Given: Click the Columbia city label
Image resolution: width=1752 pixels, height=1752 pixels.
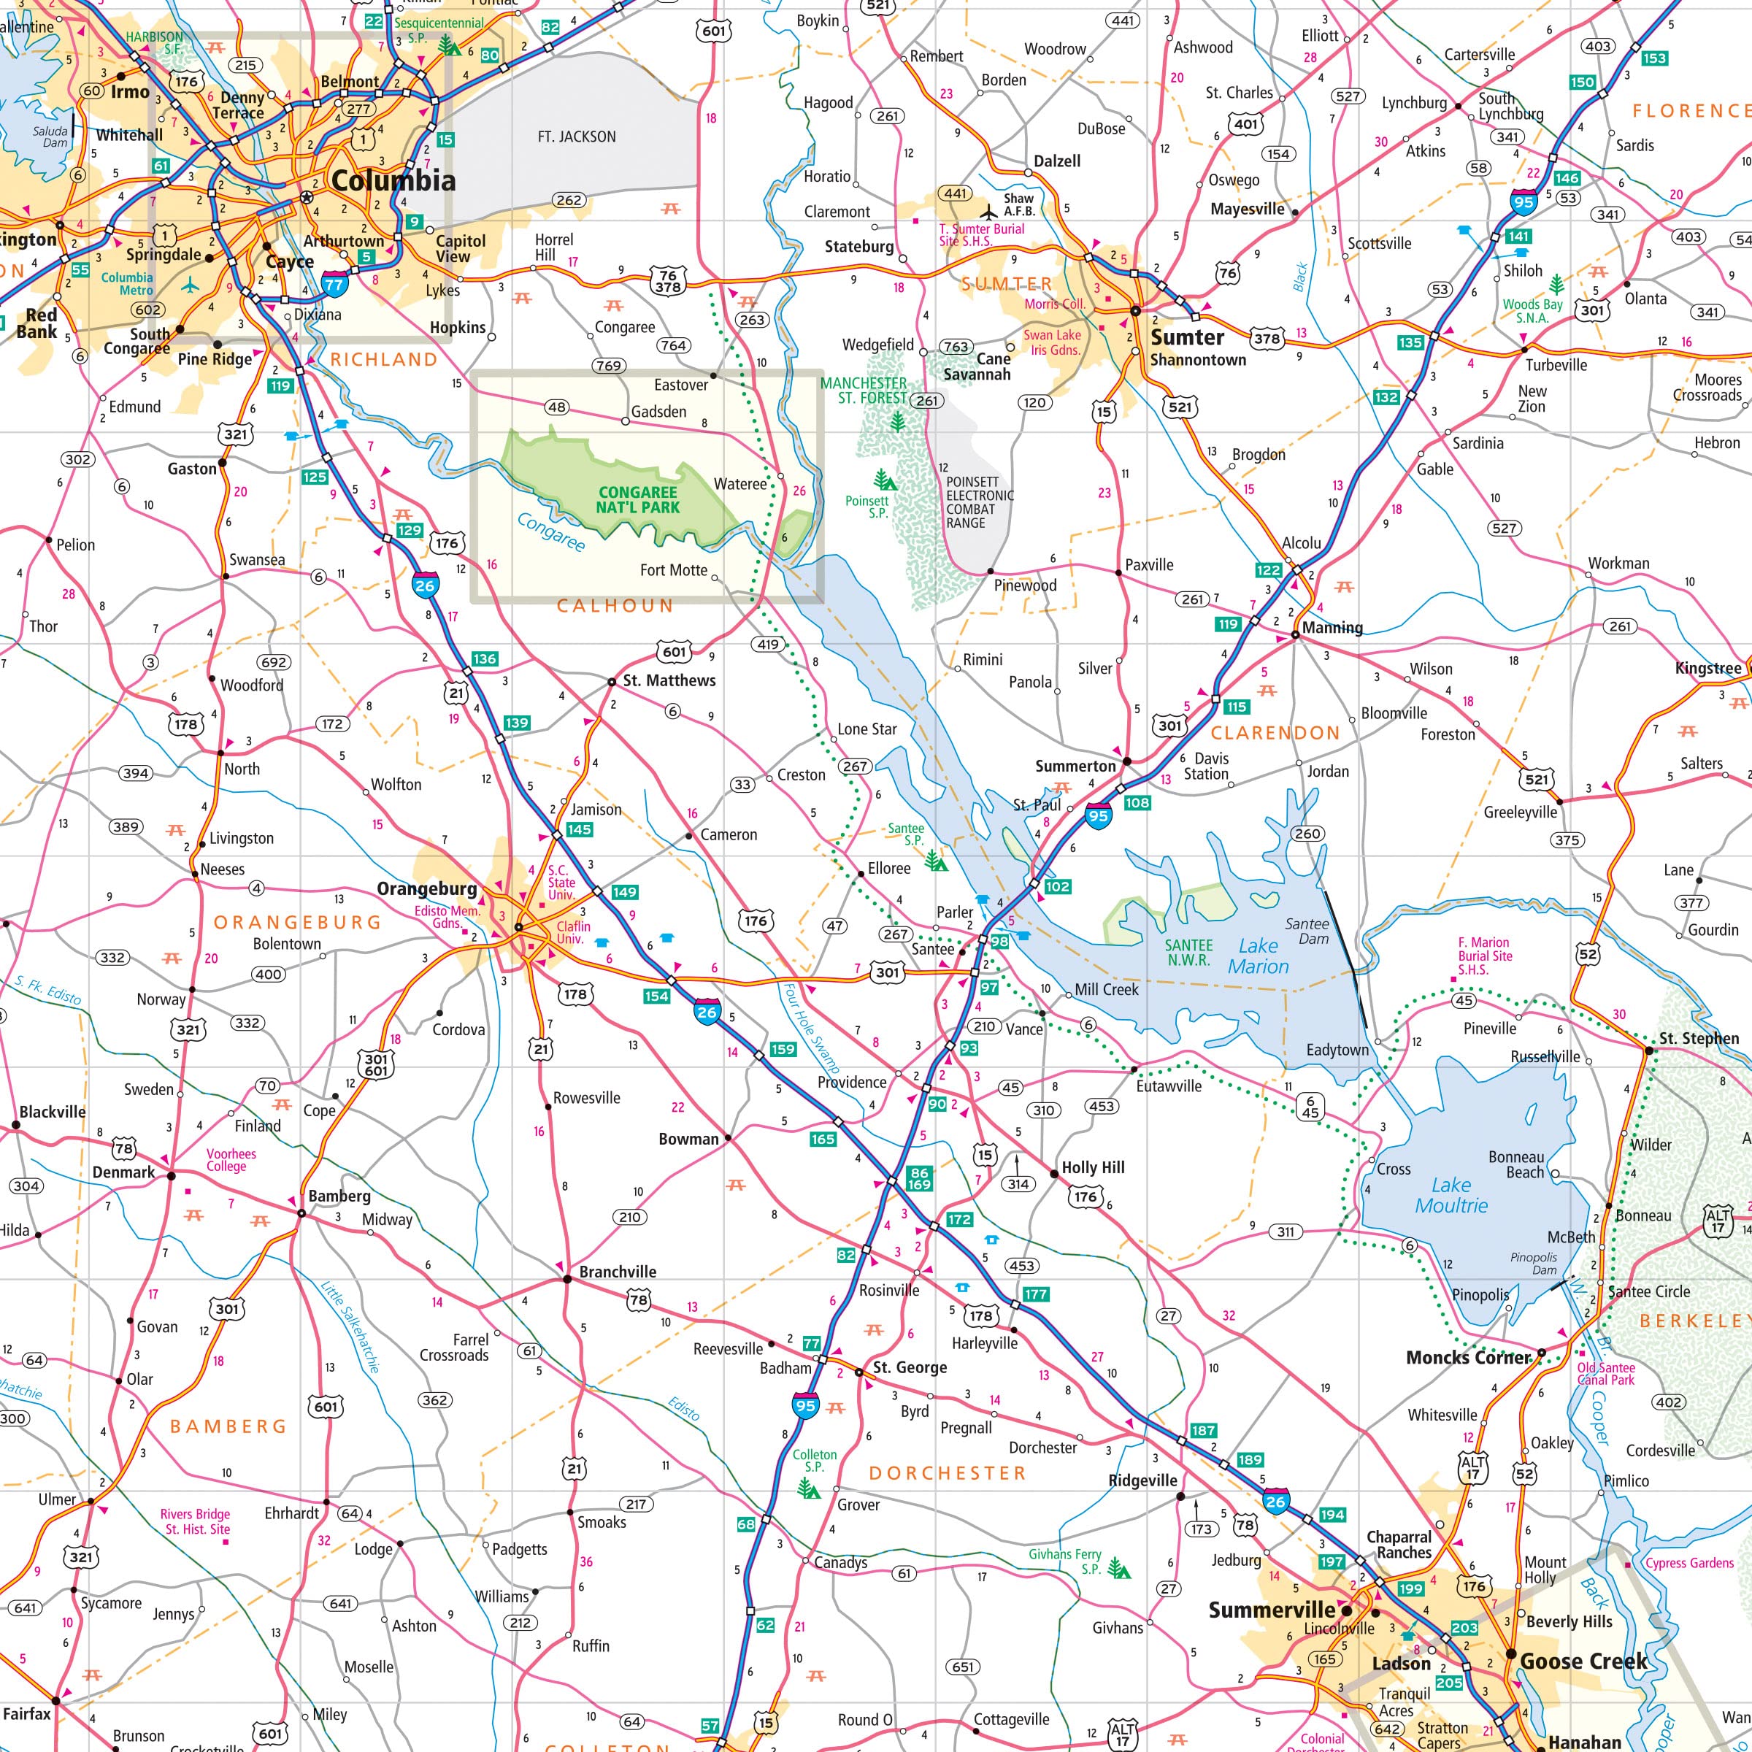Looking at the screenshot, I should pos(393,180).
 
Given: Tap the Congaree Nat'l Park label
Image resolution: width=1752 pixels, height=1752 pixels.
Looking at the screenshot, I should pos(637,499).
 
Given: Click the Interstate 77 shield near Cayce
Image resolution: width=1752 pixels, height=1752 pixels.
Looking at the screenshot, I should pos(334,284).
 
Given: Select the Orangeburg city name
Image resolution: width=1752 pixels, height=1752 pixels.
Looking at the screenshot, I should pos(426,888).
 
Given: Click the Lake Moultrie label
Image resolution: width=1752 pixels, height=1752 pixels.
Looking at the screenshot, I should pos(1451,1195).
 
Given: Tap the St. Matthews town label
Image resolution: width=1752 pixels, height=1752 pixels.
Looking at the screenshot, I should pos(669,680).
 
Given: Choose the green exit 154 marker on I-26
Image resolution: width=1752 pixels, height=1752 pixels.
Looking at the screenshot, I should pos(656,996).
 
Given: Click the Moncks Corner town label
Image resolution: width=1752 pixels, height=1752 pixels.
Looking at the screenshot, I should pos(1468,1358).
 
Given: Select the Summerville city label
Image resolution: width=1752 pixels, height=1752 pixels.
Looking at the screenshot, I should pos(1272,1610).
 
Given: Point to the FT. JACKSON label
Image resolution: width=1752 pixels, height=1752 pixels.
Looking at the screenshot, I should pos(577,137).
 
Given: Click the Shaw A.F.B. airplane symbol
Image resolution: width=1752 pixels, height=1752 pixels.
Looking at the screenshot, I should pos(989,214).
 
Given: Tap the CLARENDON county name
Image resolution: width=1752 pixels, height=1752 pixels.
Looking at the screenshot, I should pos(1275,733).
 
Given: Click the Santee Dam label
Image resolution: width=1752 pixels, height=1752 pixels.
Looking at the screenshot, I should pos(1307,931).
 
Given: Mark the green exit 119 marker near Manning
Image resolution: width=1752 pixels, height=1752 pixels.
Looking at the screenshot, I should pos(1228,624).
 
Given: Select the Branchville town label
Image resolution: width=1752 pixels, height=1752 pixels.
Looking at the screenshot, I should pos(618,1272).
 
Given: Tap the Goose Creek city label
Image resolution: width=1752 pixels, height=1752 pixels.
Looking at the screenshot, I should pos(1583,1661).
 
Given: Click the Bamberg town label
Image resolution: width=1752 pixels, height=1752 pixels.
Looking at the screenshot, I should pos(339,1196).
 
